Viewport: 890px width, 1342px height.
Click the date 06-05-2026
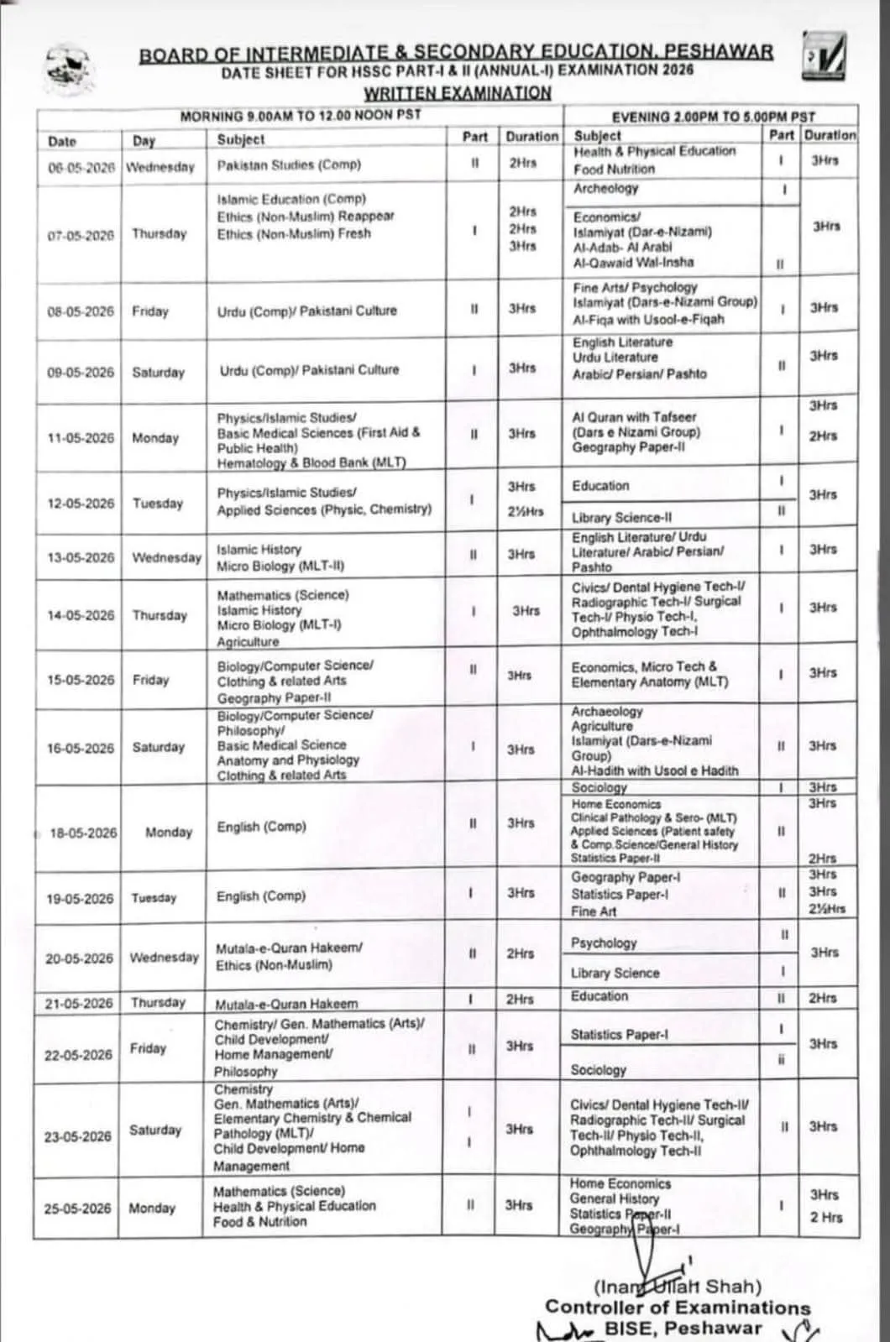81,167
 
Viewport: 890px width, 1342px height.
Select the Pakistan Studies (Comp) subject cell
289,164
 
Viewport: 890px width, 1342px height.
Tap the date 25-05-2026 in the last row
77,1208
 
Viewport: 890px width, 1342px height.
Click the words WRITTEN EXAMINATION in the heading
458,92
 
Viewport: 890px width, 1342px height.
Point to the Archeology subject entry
605,189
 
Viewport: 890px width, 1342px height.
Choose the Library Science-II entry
621,517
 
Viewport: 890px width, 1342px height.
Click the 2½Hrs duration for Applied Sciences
525,510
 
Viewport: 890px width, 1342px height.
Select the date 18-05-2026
83,833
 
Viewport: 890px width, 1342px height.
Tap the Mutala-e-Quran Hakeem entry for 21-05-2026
286,1004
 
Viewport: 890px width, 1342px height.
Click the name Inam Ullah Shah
678,1286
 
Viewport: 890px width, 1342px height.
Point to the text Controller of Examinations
678,1307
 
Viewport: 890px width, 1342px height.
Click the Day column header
144,141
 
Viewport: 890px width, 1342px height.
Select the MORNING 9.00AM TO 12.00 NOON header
301,115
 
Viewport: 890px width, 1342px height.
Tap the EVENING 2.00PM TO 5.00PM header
713,117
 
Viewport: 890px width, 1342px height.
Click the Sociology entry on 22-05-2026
598,1070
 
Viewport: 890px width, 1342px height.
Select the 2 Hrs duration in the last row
825,1217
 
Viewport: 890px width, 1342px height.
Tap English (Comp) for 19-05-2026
261,896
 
